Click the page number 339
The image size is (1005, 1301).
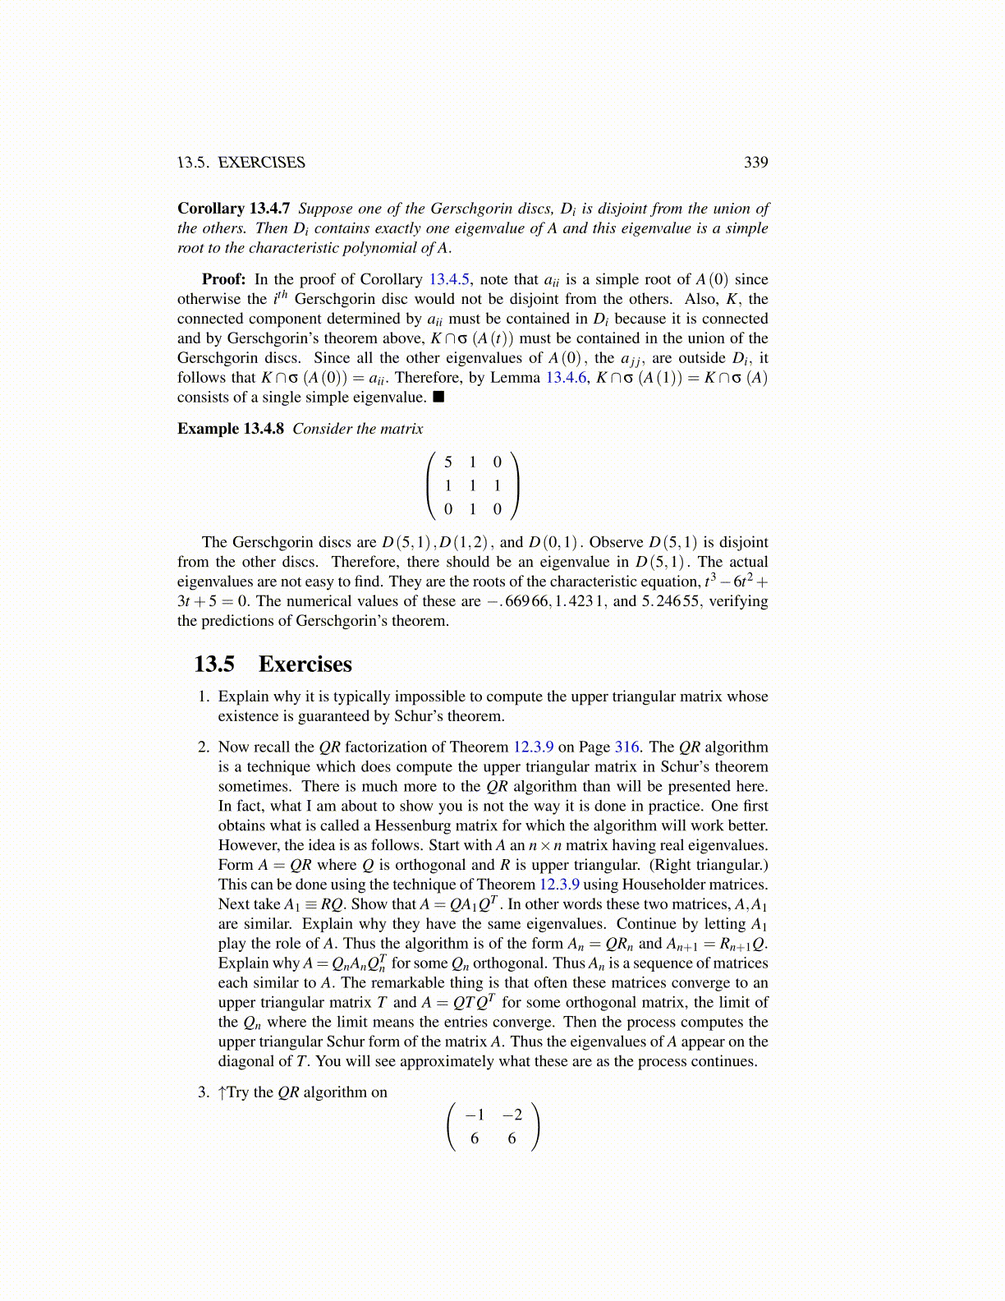[x=755, y=163]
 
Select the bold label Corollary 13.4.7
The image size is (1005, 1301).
[x=233, y=209]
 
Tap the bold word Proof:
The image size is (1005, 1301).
[x=223, y=279]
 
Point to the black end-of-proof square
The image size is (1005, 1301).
[x=438, y=398]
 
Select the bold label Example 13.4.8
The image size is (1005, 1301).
[x=230, y=429]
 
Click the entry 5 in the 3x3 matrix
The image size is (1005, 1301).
[x=447, y=462]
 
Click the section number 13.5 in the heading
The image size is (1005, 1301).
[x=214, y=664]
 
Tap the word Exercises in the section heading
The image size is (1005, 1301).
[x=305, y=664]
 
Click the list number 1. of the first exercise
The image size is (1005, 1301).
[x=204, y=696]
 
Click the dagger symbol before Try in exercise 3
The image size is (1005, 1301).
[x=222, y=1092]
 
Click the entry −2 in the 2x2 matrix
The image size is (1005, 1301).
[x=512, y=1115]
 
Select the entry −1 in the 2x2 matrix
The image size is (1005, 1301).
[x=475, y=1115]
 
